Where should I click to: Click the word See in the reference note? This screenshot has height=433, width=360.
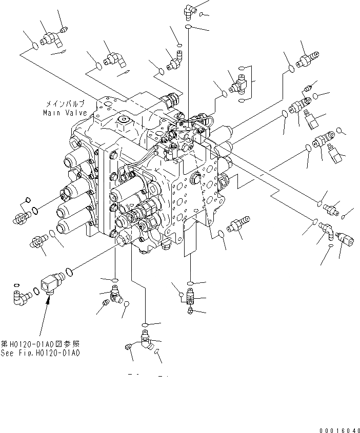point(8,353)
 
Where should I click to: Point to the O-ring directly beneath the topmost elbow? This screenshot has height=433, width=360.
point(188,24)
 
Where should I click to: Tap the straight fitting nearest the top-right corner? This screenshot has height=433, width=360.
point(307,57)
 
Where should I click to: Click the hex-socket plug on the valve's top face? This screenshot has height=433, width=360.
point(123,121)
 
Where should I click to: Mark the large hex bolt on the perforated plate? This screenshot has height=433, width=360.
point(195,178)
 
